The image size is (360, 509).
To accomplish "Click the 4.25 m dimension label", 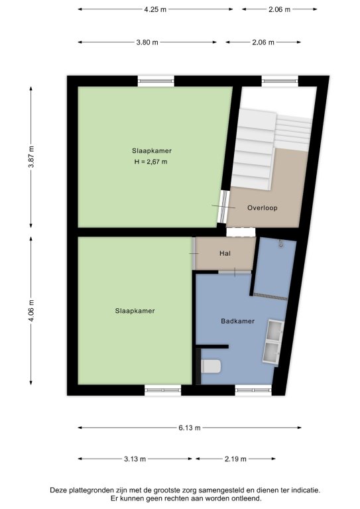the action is [x=155, y=9].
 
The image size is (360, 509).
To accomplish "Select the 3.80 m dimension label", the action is [x=147, y=42].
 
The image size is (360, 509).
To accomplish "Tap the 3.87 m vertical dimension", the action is [x=31, y=157].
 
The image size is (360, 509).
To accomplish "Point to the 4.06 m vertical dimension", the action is [x=31, y=311].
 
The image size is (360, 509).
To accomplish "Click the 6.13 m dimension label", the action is [x=189, y=428].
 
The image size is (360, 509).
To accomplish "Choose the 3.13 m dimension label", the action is [x=135, y=459].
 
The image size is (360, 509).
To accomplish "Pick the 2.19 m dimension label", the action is [x=235, y=459].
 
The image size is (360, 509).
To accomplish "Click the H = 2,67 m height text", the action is [x=151, y=162].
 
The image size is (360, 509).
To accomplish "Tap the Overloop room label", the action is [x=263, y=207].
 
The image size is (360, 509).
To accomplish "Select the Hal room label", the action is [x=225, y=253].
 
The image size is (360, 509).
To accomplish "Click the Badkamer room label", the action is [x=237, y=321].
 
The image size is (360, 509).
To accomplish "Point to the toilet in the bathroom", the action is [x=211, y=366].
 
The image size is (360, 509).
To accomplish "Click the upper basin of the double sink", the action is [x=275, y=331].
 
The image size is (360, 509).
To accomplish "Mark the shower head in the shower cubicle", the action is [x=280, y=244].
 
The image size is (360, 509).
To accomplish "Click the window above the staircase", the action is [x=280, y=80].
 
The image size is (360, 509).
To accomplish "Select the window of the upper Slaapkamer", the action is [x=156, y=81].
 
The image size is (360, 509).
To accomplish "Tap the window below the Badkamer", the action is [x=253, y=390].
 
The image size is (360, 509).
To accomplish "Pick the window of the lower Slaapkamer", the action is [x=163, y=390].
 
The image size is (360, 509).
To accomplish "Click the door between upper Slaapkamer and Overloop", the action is [x=223, y=207].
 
